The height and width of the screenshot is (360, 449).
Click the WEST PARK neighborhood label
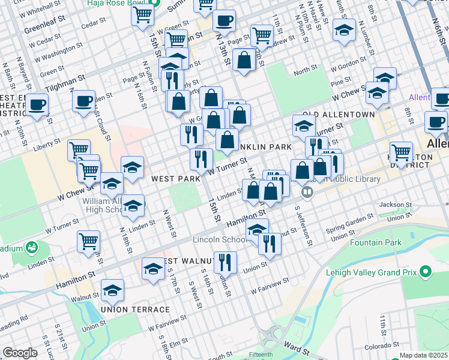pyautogui.click(x=176, y=179)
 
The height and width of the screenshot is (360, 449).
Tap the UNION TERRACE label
pyautogui.click(x=136, y=310)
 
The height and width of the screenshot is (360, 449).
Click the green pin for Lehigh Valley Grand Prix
pyautogui.click(x=426, y=272)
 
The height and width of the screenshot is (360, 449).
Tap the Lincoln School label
pyautogui.click(x=218, y=239)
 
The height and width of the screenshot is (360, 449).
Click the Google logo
pyautogui.click(x=20, y=353)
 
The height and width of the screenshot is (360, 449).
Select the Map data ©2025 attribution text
pyautogui.click(x=423, y=356)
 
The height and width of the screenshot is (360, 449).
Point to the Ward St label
pyautogui.click(x=296, y=347)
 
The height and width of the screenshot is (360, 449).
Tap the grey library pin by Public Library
pyautogui.click(x=307, y=192)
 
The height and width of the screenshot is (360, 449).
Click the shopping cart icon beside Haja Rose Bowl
pyautogui.click(x=142, y=14)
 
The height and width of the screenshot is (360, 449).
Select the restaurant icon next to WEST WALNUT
pyautogui.click(x=225, y=261)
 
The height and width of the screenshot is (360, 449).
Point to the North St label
pyautogui.click(x=305, y=71)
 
